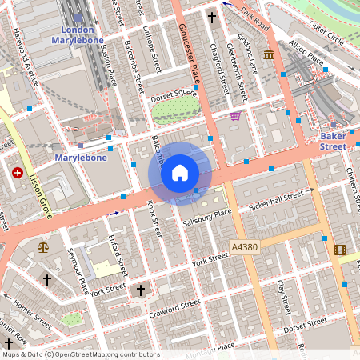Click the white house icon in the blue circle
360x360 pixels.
[180, 173]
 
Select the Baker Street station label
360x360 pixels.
[333, 142]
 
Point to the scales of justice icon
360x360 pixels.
[42, 246]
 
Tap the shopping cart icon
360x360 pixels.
[235, 116]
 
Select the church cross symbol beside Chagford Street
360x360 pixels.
[213, 16]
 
